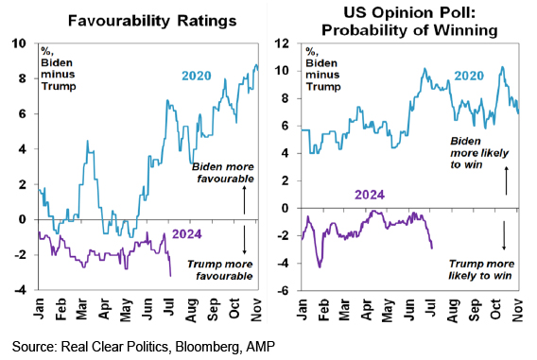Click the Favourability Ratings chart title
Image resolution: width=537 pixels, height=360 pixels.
pyautogui.click(x=152, y=21)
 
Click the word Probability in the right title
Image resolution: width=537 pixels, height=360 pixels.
pyautogui.click(x=364, y=30)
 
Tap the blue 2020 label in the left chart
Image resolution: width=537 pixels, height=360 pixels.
pyautogui.click(x=197, y=76)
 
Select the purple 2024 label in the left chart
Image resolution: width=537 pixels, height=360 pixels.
pyautogui.click(x=186, y=234)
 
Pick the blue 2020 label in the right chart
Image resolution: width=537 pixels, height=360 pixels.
pyautogui.click(x=469, y=76)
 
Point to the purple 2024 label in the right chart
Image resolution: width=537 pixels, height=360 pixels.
pyautogui.click(x=370, y=195)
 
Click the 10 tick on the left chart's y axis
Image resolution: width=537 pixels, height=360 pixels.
pyautogui.click(x=19, y=43)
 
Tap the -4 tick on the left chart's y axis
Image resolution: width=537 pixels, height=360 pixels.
pyautogui.click(x=20, y=290)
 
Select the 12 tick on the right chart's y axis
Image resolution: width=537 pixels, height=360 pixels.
pyautogui.click(x=282, y=43)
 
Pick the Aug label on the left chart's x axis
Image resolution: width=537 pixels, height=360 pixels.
pyautogui.click(x=191, y=310)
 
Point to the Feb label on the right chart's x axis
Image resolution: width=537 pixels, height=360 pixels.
pyautogui.click(x=323, y=309)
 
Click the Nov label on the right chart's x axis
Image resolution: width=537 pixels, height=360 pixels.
pyautogui.click(x=517, y=310)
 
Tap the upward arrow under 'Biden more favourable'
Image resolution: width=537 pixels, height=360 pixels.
pyautogui.click(x=244, y=200)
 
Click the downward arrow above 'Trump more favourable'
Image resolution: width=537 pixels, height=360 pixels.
pyautogui.click(x=244, y=240)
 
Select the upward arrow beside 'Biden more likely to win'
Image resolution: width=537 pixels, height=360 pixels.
pyautogui.click(x=506, y=180)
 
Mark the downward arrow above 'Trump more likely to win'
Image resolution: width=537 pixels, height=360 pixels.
pyautogui.click(x=504, y=235)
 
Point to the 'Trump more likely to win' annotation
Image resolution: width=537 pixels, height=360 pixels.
pyautogui.click(x=481, y=269)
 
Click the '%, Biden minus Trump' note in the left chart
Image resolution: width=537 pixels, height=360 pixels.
pyautogui.click(x=59, y=68)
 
